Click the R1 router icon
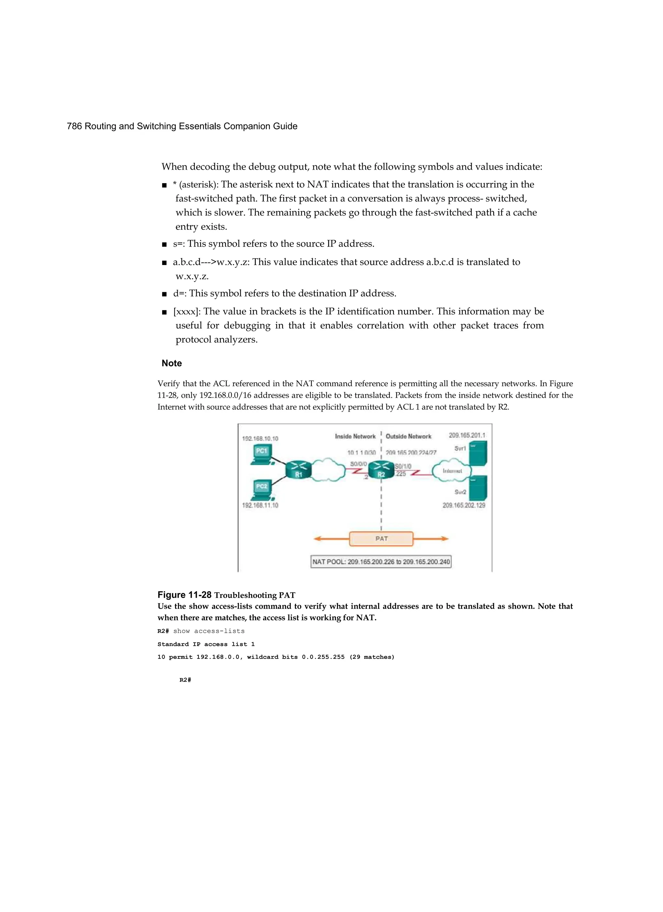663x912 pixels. (x=298, y=470)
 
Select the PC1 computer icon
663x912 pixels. (x=262, y=454)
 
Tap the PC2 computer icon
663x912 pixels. (x=262, y=490)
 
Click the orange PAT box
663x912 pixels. (x=381, y=539)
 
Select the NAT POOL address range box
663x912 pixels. (x=381, y=562)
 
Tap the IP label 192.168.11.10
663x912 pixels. (x=260, y=505)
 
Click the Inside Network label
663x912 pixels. (x=355, y=436)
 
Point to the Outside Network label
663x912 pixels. (x=408, y=436)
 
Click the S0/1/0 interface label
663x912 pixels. (x=403, y=466)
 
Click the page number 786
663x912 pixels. (x=74, y=126)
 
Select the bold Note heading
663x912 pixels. (x=172, y=363)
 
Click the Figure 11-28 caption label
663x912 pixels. (x=184, y=595)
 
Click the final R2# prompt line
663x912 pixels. (x=185, y=680)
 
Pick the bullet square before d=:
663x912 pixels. (x=164, y=294)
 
